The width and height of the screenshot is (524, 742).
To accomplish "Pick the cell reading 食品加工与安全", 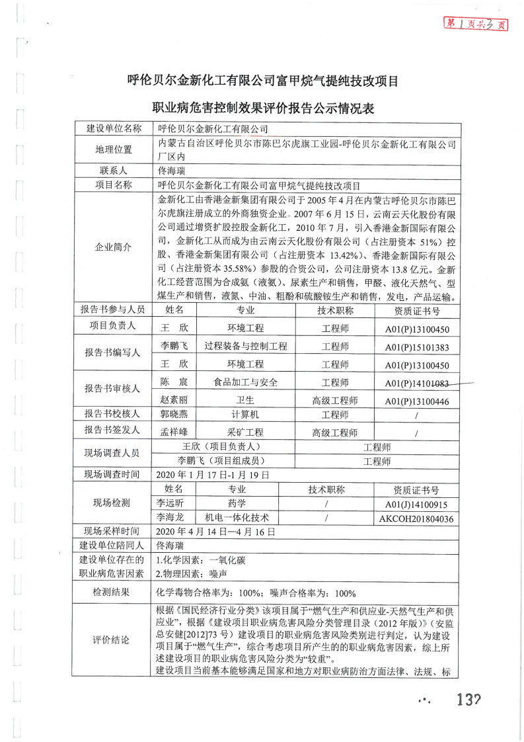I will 246,383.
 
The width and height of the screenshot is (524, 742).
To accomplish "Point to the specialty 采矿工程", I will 246,433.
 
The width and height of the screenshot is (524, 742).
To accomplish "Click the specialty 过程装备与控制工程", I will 246,347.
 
